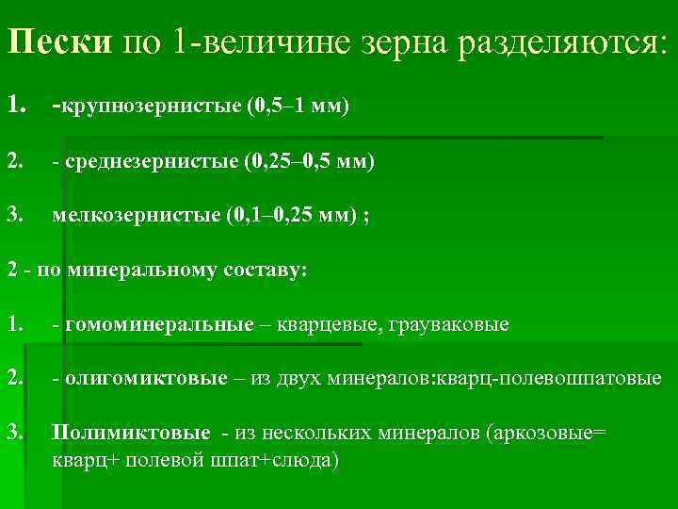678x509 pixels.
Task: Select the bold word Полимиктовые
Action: [x=131, y=433]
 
